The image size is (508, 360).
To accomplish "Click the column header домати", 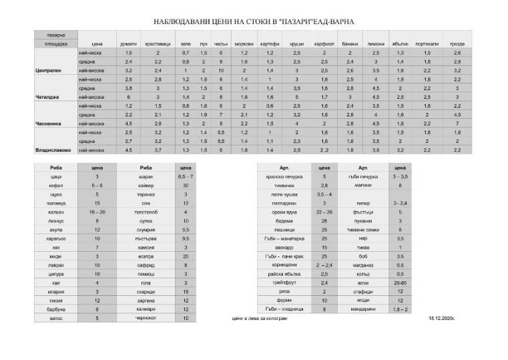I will [128, 43].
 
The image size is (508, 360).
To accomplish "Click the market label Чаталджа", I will [47, 96].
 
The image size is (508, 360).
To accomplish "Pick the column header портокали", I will [427, 43].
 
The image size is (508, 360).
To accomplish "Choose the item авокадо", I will [282, 246].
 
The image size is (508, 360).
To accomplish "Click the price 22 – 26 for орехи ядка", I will [324, 211].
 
